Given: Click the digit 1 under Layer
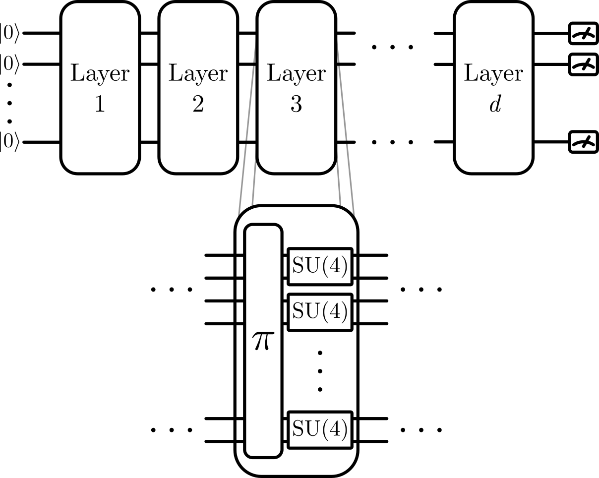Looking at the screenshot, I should (100, 105).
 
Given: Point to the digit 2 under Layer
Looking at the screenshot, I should (198, 105).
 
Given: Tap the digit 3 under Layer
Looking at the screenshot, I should (296, 105).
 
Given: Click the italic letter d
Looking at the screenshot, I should (494, 104).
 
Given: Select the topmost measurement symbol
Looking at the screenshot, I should (583, 34).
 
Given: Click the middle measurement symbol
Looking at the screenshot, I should (583, 64).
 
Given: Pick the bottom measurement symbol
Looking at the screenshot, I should (583, 143).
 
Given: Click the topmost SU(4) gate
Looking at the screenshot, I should (320, 266).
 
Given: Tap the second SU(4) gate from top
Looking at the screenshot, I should (320, 311).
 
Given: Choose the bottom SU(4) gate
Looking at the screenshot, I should (320, 429).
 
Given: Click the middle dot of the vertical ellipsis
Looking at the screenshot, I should (320, 371).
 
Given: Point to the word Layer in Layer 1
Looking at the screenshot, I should (100, 74).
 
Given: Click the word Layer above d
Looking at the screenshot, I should (493, 74).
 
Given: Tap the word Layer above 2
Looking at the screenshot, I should (198, 74).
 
